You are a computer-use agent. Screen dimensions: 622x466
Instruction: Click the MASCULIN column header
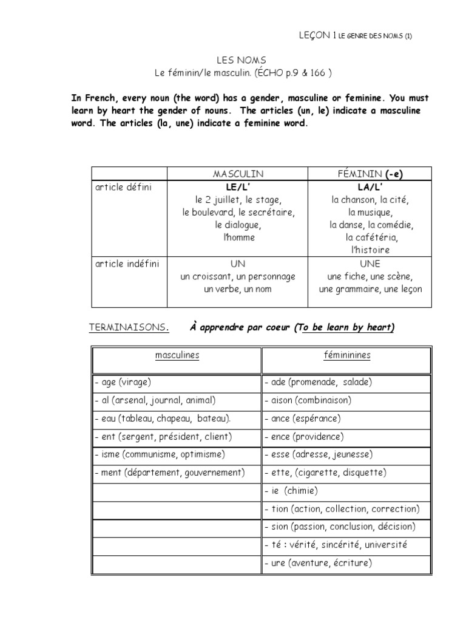tap(238, 174)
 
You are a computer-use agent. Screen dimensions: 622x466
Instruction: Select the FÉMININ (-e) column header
tap(370, 174)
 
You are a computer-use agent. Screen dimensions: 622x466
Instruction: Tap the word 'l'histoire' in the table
tap(370, 250)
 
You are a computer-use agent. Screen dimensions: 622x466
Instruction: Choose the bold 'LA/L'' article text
tap(370, 187)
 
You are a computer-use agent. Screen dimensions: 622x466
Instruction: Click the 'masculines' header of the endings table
tap(177, 355)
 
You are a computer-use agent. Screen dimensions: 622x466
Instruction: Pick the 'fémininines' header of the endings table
tap(347, 355)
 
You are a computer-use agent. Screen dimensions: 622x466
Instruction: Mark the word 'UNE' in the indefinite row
tap(370, 264)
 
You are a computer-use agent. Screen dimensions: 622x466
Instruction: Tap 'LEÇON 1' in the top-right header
tap(314, 36)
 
